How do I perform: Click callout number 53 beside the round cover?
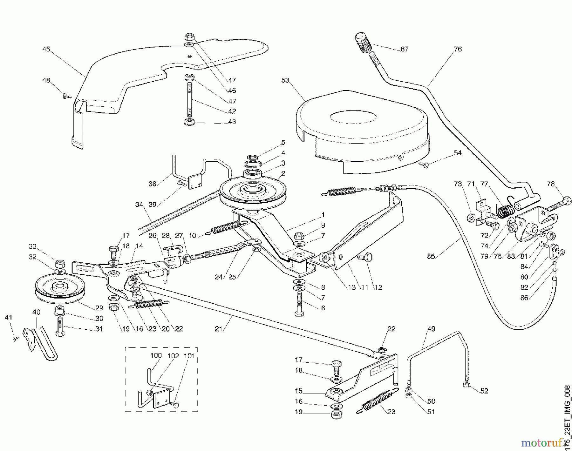click(285, 80)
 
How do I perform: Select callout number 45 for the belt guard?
click(46, 49)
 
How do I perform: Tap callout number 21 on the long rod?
click(218, 329)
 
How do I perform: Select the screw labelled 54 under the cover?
click(425, 164)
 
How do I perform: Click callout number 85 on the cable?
click(431, 256)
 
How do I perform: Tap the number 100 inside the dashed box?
click(156, 355)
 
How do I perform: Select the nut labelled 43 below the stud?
click(190, 122)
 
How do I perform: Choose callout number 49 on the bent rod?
click(431, 329)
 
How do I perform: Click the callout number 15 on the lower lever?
click(298, 391)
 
